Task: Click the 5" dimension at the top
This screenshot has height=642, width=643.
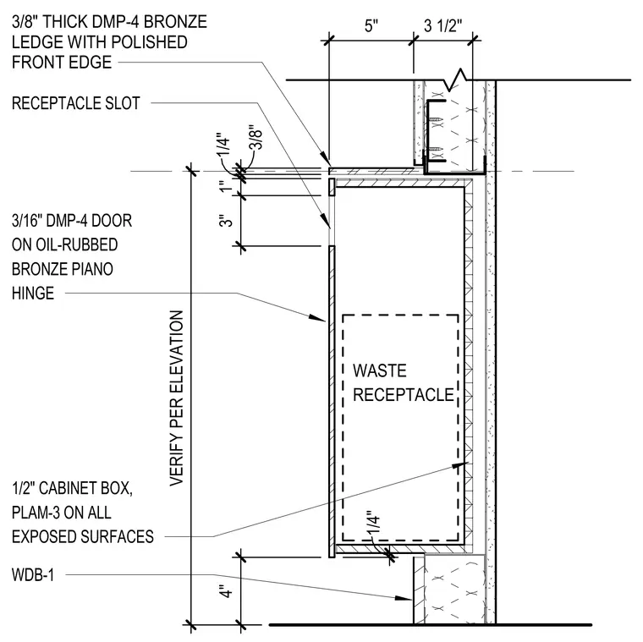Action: click(x=371, y=26)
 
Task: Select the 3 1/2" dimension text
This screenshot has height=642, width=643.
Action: click(x=442, y=26)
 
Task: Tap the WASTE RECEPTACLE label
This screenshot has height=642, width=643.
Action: click(x=404, y=383)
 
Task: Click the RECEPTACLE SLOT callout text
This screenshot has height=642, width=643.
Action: click(x=76, y=103)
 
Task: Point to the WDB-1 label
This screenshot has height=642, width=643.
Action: click(x=33, y=575)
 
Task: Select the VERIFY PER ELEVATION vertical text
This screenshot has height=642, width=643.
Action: click(x=176, y=398)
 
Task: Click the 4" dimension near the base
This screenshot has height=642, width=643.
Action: click(x=226, y=591)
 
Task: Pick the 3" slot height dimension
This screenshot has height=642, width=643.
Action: click(x=226, y=221)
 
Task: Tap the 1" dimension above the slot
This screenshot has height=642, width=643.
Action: click(x=226, y=187)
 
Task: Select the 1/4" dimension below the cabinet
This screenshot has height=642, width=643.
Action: click(x=374, y=523)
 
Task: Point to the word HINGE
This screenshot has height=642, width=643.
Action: click(x=33, y=294)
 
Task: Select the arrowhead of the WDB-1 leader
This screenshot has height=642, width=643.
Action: click(x=404, y=598)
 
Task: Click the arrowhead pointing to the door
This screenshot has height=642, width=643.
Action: click(x=317, y=317)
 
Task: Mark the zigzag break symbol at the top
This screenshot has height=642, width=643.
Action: click(x=455, y=80)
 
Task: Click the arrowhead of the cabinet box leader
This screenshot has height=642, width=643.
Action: click(x=460, y=465)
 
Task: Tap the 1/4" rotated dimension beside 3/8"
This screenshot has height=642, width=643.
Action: click(x=223, y=145)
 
